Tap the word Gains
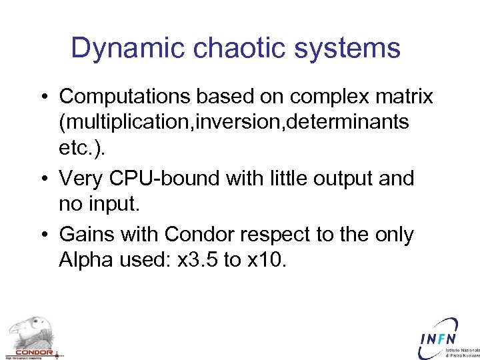(87, 235)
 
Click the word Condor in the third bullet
(197, 235)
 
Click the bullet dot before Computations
(43, 97)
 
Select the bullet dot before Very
(43, 179)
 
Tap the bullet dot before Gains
(43, 235)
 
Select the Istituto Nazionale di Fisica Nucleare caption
(462, 353)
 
